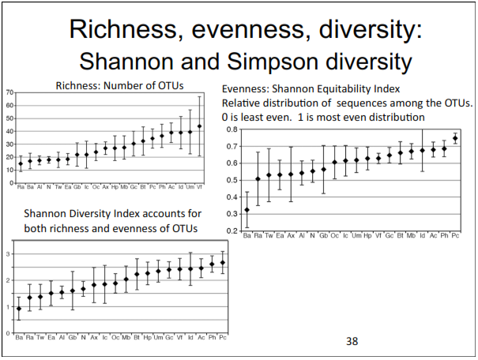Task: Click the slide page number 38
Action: coord(352,342)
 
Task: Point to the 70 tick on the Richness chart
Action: coord(9,92)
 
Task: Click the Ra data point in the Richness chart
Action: coord(21,164)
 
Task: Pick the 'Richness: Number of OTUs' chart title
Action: coord(107,85)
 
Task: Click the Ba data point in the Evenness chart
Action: coord(247,210)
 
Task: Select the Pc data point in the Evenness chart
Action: coord(454,138)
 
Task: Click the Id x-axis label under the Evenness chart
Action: coord(422,235)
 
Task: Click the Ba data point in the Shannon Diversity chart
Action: coord(19,309)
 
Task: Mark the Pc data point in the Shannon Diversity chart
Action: coord(223,262)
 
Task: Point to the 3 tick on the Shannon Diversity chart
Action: coord(9,253)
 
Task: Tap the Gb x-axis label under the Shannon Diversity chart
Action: coord(73,338)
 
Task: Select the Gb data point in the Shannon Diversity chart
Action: coord(73,291)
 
